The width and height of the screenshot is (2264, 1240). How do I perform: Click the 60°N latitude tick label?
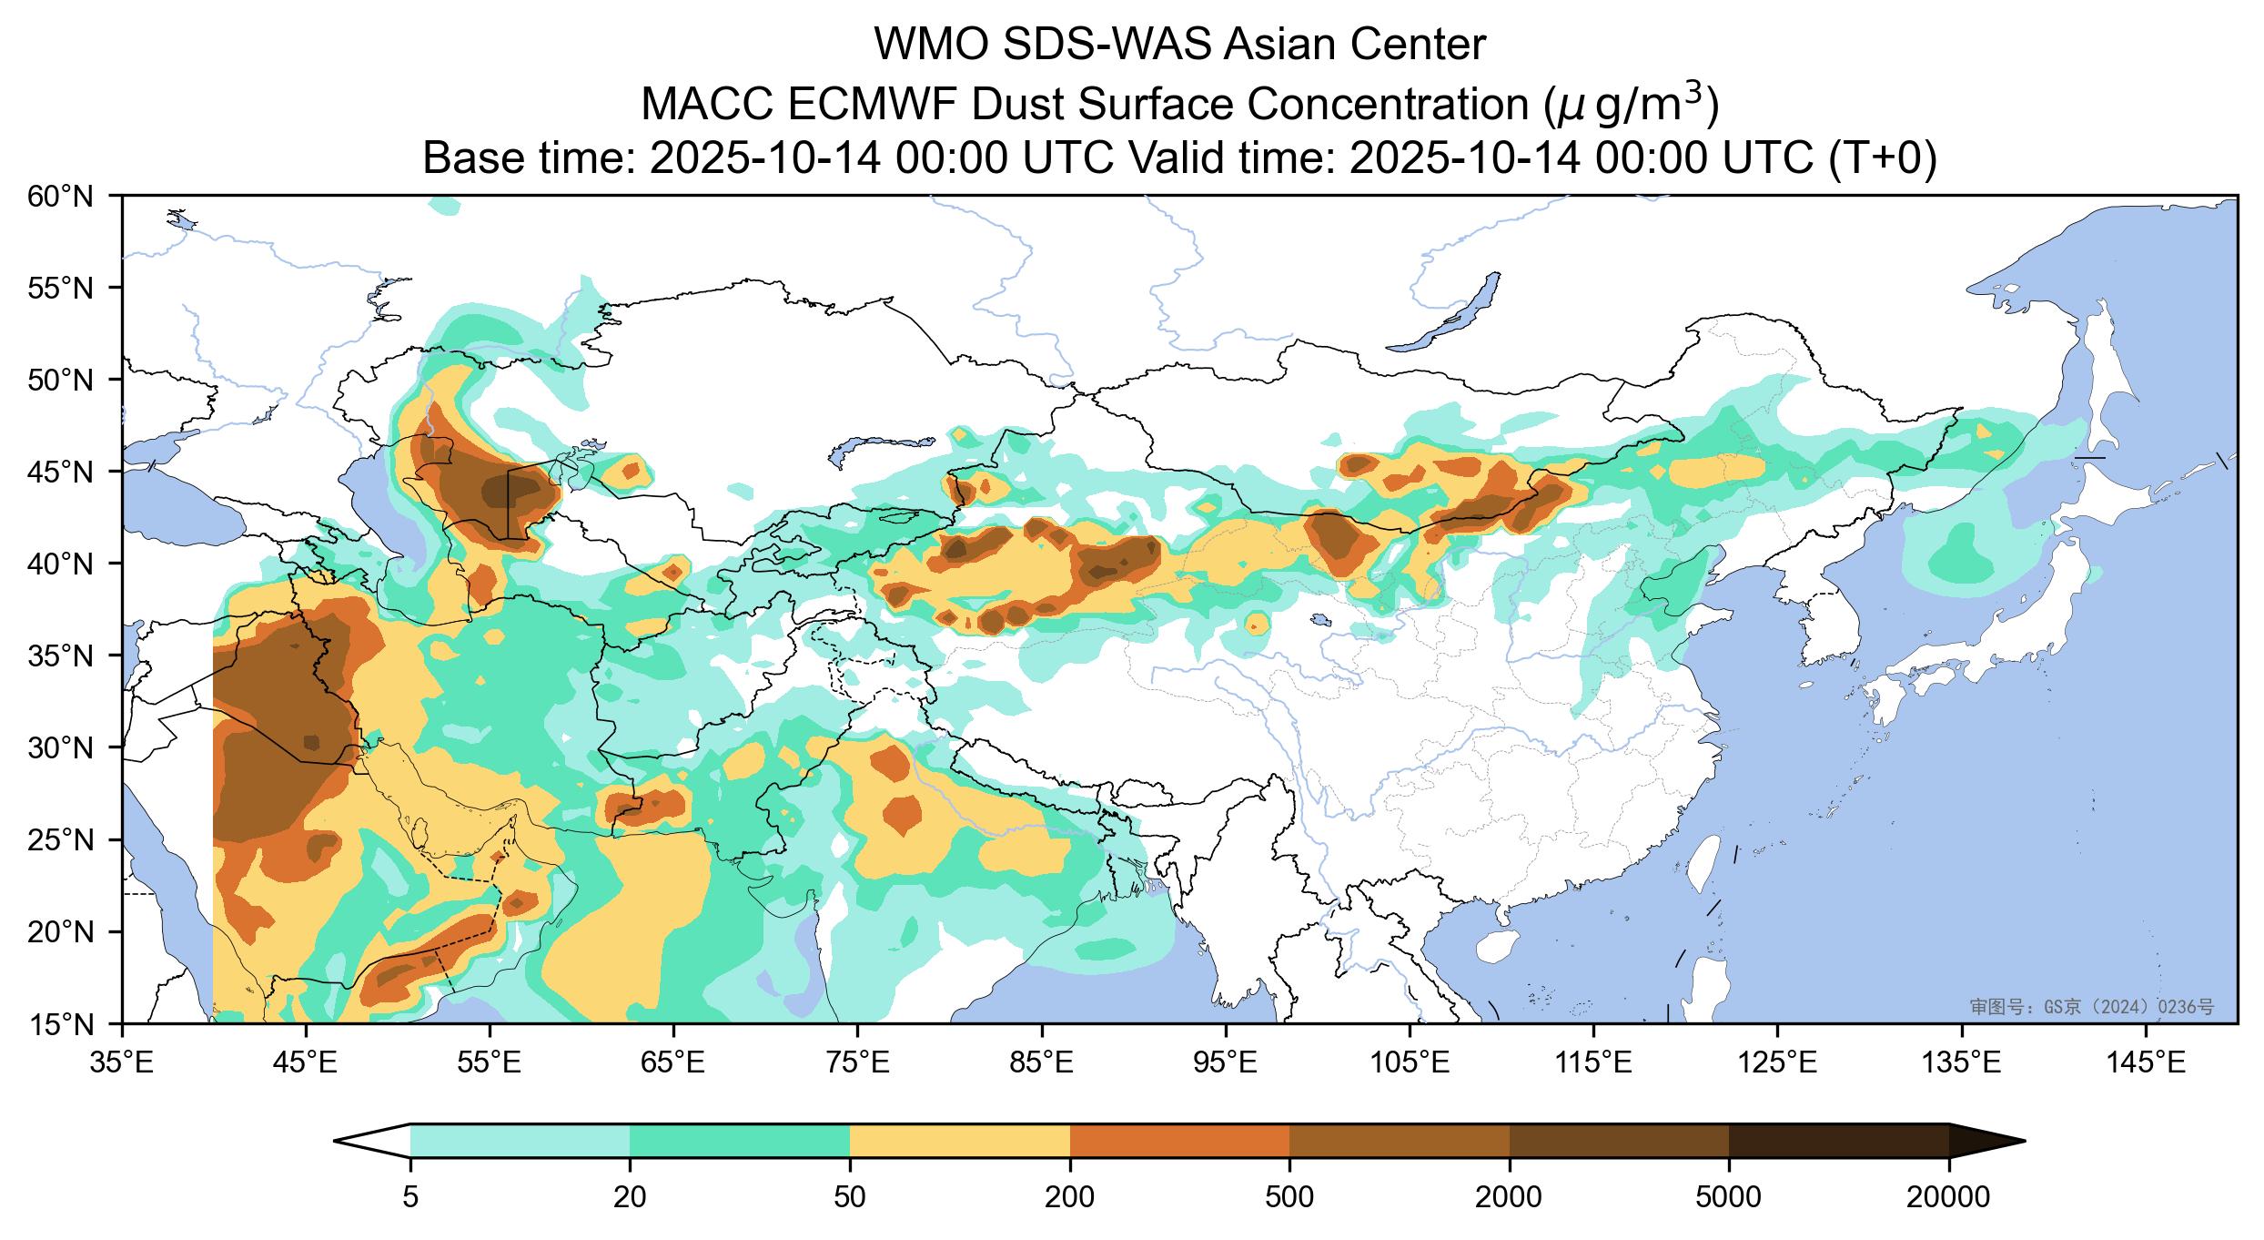(x=62, y=196)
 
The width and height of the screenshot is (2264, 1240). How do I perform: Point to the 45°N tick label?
(x=62, y=472)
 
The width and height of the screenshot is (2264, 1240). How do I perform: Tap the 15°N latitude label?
(x=62, y=1025)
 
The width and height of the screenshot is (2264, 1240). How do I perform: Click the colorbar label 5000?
(x=1728, y=1198)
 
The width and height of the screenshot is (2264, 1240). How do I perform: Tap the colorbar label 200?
(x=1069, y=1198)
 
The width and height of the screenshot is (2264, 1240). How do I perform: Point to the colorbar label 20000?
(x=1948, y=1198)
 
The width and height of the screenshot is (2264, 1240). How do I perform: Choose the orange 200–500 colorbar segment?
(x=1179, y=1141)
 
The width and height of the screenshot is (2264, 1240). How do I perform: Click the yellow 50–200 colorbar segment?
(x=959, y=1141)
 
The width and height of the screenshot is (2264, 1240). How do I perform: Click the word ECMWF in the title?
(x=871, y=106)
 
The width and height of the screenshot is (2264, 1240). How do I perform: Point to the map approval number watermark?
(x=2091, y=1007)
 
